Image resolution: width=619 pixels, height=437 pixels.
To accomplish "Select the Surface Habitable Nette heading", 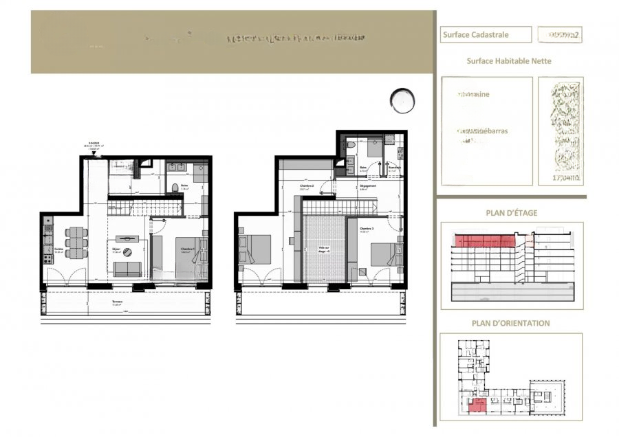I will tap(509, 60).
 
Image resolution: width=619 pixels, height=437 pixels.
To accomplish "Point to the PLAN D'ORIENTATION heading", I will tap(510, 323).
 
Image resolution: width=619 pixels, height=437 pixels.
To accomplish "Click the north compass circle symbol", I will tap(402, 101).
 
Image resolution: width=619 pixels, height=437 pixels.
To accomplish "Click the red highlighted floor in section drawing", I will tap(485, 240).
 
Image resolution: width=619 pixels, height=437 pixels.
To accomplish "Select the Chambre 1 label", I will tap(185, 249).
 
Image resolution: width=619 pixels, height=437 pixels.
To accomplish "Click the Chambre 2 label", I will tap(307, 187).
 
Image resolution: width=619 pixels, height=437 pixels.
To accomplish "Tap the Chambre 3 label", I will tap(365, 229).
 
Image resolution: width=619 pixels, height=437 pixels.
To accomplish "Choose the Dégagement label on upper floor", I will tap(367, 186).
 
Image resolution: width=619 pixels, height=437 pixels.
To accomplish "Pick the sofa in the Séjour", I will tap(127, 269).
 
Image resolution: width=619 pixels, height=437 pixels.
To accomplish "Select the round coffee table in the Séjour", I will tap(127, 252).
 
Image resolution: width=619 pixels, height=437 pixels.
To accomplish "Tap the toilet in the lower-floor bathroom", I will tap(175, 188).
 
